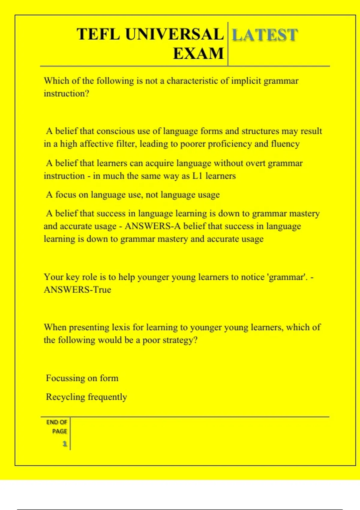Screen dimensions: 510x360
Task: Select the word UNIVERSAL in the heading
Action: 174,34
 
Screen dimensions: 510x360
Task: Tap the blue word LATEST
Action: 265,35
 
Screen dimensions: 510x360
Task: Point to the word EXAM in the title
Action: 199,53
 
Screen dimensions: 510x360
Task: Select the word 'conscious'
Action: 116,131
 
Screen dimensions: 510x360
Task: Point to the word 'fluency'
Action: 285,144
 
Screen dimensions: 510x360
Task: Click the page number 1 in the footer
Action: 64,444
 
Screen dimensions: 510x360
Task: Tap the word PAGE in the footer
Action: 59,431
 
